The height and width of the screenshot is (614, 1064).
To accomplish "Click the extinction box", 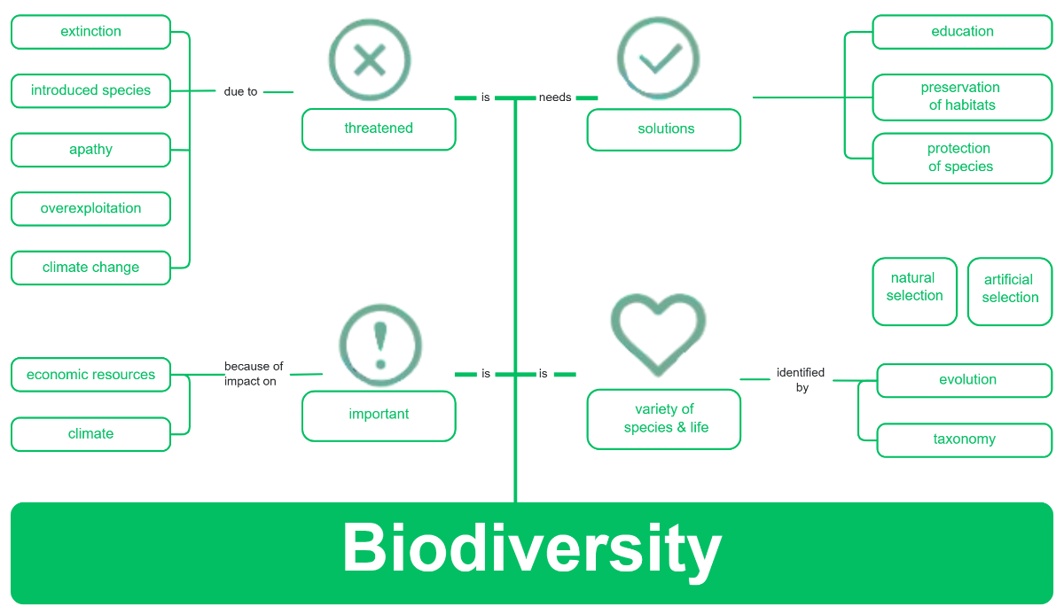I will click(90, 32).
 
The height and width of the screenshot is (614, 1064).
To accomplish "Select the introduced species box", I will click(90, 90).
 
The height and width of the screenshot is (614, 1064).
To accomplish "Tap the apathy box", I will click(90, 150).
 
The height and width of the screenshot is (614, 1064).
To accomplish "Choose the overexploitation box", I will click(90, 209).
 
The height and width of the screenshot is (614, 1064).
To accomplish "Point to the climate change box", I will click(90, 268).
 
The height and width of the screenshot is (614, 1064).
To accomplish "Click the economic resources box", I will click(90, 375).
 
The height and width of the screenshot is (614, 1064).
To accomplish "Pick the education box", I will click(962, 32).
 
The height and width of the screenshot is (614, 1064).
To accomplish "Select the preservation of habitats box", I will click(962, 97).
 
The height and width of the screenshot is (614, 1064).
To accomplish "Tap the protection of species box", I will click(962, 158).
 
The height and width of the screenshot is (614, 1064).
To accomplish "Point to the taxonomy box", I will click(964, 439).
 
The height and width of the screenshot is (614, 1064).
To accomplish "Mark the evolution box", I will click(964, 380).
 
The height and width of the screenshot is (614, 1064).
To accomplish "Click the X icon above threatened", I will click(370, 60).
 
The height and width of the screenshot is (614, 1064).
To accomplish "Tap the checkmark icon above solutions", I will click(659, 58).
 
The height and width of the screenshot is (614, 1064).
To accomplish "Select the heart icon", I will click(659, 336).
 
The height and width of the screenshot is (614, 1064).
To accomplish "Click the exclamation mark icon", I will click(380, 346).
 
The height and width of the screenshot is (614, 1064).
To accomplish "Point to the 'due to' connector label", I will click(240, 91).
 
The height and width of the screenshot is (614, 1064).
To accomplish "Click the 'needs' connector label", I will click(555, 97).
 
